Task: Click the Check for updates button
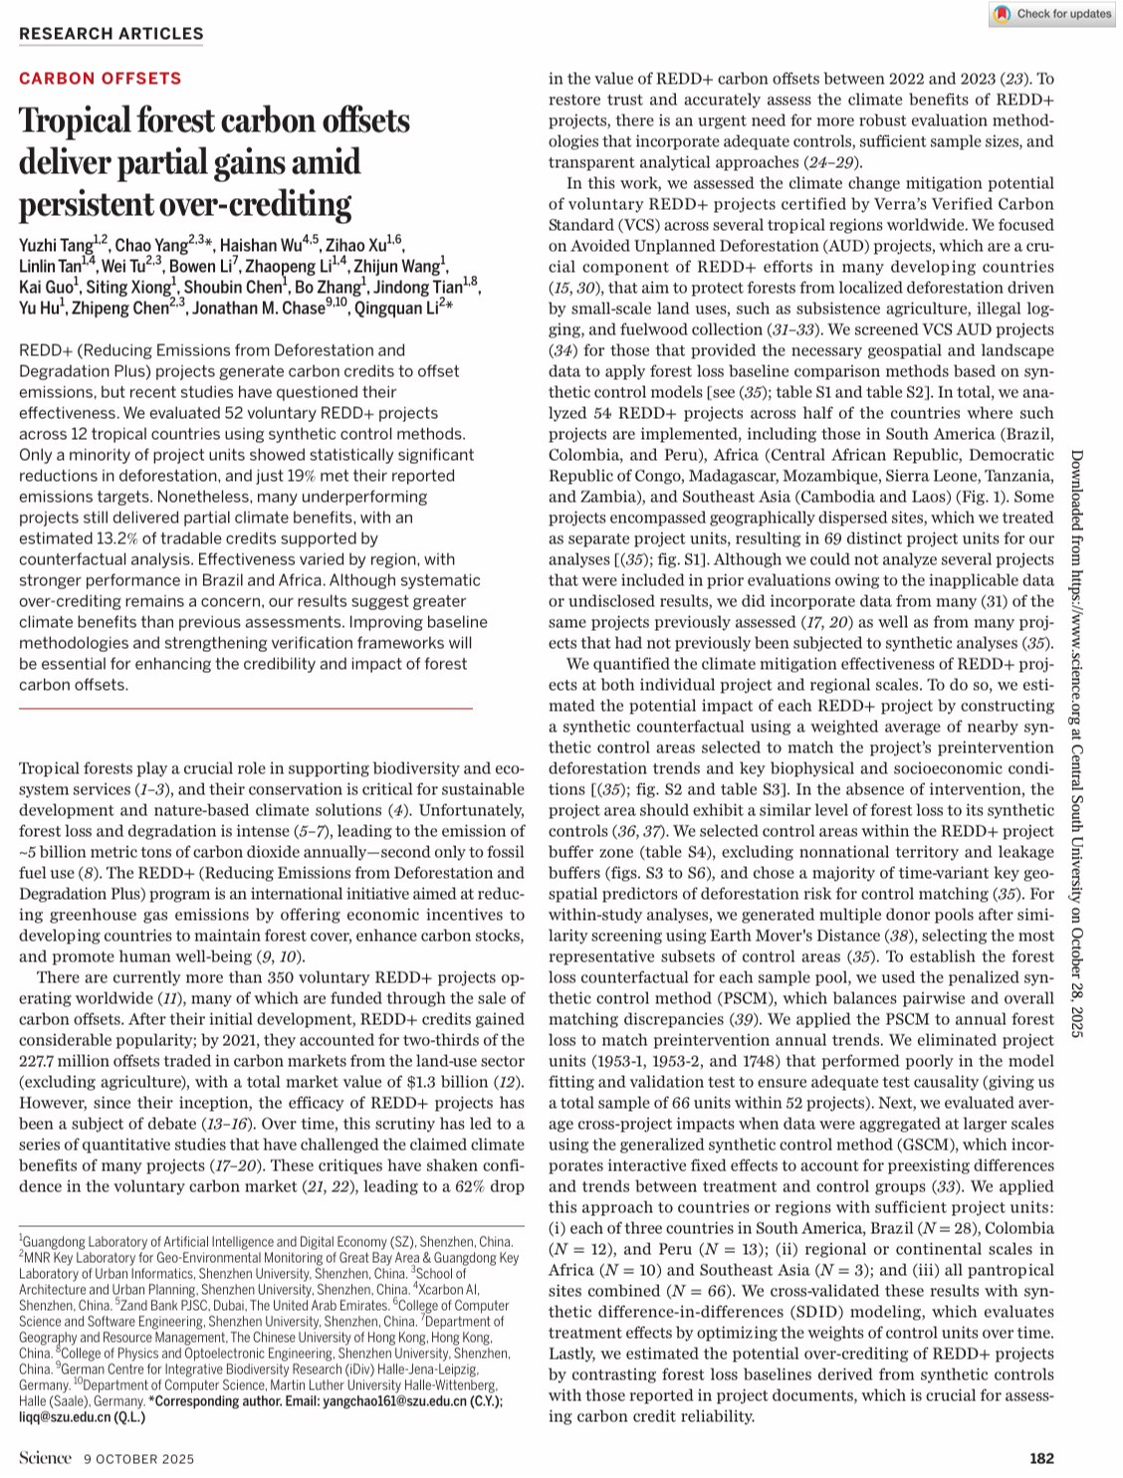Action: coord(1051,14)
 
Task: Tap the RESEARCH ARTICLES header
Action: coord(111,34)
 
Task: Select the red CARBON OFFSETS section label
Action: coord(100,79)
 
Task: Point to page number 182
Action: coord(1041,1459)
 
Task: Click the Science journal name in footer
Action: coord(45,1459)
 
